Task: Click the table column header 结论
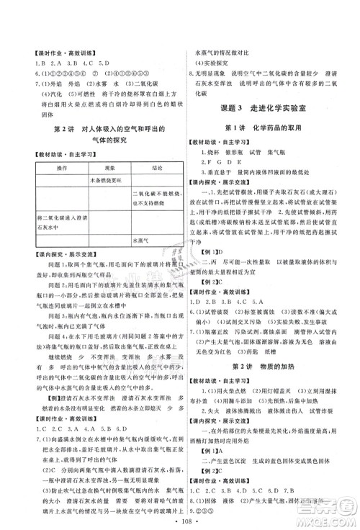tap(156, 169)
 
